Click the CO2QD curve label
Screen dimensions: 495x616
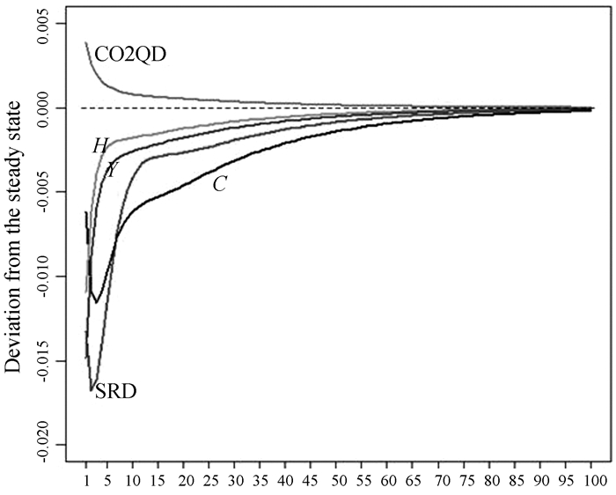130,54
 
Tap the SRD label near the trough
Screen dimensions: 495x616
115,389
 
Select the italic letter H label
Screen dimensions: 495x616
99,146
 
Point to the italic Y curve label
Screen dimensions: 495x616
112,170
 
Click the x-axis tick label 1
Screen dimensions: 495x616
86,483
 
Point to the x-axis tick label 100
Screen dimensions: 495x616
591,483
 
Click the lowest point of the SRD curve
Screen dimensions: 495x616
92,389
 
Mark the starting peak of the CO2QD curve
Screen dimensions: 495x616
86,42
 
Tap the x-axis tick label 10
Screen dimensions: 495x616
132,483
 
